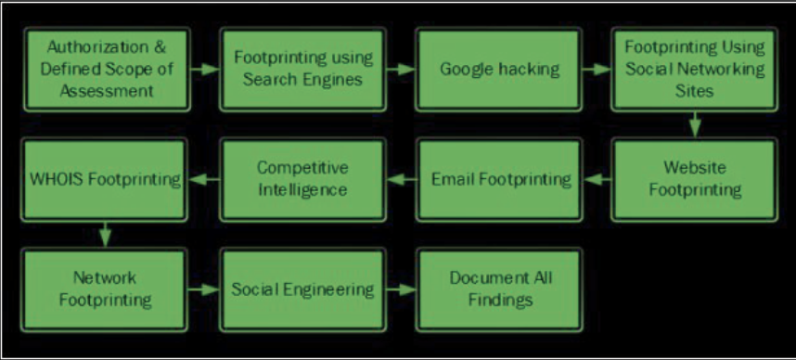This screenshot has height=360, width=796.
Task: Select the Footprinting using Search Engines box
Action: click(x=302, y=69)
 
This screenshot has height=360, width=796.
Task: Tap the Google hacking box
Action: click(x=497, y=69)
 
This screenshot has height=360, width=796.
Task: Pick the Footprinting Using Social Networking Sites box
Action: click(x=693, y=69)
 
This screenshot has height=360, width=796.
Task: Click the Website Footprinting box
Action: click(x=693, y=178)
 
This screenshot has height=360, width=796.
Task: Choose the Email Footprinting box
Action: click(x=497, y=178)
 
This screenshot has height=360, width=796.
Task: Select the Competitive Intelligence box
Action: click(x=302, y=178)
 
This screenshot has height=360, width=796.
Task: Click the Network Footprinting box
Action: click(x=105, y=289)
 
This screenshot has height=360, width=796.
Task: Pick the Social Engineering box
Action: click(x=302, y=289)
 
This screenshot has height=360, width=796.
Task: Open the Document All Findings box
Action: click(x=497, y=289)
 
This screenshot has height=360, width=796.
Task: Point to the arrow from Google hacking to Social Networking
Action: click(x=596, y=69)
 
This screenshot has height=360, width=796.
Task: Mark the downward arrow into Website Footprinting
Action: click(x=693, y=124)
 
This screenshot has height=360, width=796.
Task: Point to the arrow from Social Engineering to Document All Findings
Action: click(x=400, y=289)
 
